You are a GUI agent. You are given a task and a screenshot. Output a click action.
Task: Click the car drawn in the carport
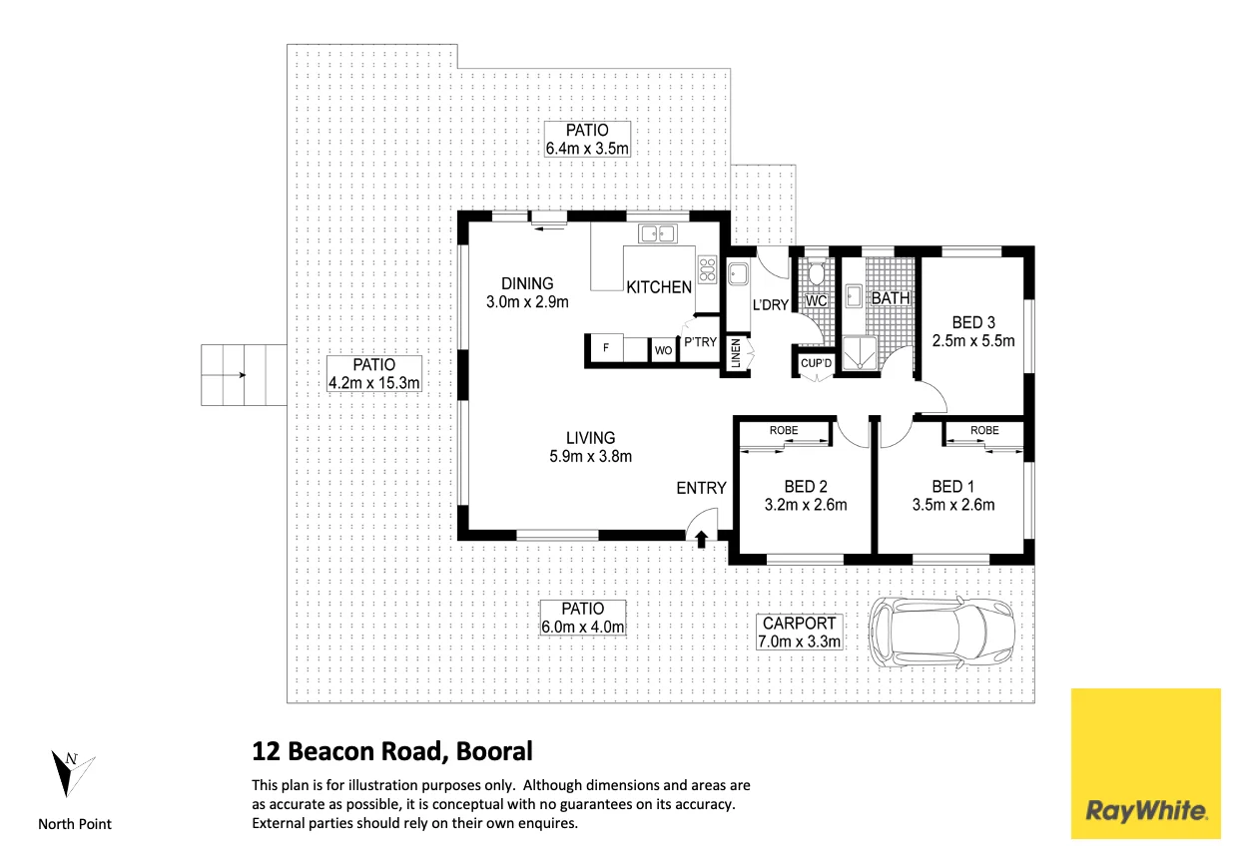click(x=943, y=633)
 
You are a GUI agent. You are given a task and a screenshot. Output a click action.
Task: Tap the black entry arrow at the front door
click(x=701, y=539)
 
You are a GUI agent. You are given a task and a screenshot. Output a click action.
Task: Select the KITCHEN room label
click(x=659, y=287)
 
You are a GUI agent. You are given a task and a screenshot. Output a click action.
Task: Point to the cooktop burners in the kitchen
click(x=708, y=266)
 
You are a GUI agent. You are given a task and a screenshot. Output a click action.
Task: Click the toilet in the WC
click(x=816, y=272)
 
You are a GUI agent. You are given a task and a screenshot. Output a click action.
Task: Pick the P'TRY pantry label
click(x=700, y=342)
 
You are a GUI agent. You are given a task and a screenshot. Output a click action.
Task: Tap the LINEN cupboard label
click(x=736, y=353)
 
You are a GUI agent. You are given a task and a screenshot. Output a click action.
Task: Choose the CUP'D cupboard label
click(x=816, y=363)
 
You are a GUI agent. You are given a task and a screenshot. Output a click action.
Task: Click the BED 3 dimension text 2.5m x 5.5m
click(x=973, y=340)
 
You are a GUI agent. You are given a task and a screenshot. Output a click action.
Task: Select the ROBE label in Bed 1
click(x=984, y=430)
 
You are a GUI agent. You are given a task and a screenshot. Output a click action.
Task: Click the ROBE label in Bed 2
click(x=783, y=430)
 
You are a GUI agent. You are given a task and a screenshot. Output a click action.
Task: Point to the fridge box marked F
click(x=605, y=349)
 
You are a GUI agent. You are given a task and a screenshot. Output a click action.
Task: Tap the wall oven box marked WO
click(x=663, y=350)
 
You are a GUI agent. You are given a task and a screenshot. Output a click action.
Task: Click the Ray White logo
click(x=1146, y=763)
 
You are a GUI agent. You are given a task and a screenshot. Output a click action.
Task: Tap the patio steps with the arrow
click(x=243, y=375)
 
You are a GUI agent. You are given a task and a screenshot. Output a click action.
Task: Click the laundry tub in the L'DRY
click(x=740, y=273)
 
